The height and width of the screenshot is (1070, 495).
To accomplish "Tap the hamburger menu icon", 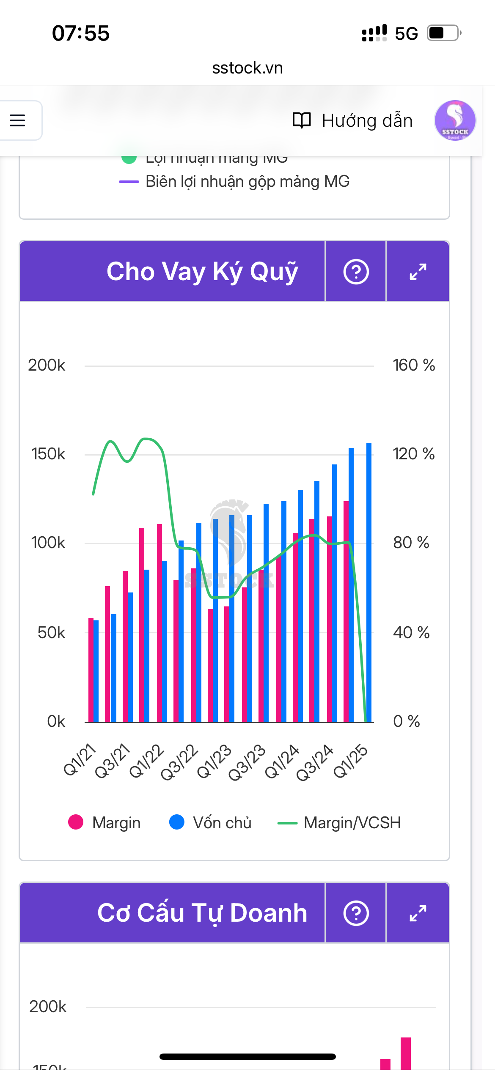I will [17, 120].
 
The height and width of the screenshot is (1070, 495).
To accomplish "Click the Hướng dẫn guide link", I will [353, 121].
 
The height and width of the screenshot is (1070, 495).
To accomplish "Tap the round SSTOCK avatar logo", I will [455, 120].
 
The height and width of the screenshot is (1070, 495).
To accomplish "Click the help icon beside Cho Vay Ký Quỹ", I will [356, 272].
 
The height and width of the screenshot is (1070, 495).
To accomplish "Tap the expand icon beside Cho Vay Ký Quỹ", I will [418, 272].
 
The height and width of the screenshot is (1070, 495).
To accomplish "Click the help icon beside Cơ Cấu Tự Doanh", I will [356, 913].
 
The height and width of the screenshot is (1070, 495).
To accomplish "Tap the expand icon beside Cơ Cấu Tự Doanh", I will [418, 913].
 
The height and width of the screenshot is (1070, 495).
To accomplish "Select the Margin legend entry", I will [104, 822].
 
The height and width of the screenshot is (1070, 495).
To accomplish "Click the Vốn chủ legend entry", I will [210, 822].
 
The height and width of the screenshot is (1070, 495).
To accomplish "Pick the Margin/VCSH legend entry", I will [339, 822].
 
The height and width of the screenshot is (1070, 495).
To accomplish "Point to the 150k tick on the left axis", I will [48, 454].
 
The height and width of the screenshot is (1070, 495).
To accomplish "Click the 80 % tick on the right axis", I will [411, 543].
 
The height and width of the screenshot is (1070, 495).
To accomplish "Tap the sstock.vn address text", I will [247, 68].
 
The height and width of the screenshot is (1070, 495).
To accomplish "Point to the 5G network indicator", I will [406, 33].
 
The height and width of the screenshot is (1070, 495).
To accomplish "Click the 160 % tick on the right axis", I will [413, 365].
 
